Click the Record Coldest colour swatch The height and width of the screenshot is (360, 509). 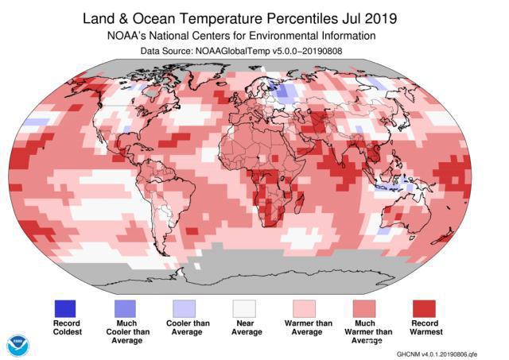[67, 308]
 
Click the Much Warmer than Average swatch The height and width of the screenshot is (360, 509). [365, 308]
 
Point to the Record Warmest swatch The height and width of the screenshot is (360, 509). [425, 308]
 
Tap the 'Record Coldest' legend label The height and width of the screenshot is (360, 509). [67, 329]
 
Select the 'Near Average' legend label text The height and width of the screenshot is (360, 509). [246, 329]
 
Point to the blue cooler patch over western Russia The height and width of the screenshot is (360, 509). [285, 94]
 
